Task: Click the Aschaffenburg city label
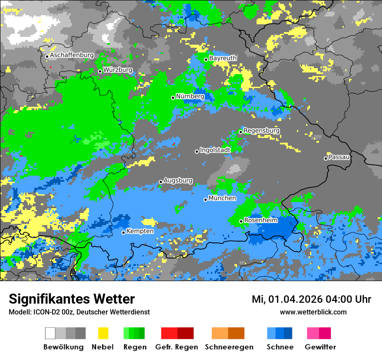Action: (72, 56)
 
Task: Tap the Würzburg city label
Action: (118, 70)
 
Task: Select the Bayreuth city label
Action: (223, 58)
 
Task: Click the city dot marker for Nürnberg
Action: (173, 98)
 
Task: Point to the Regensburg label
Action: (261, 131)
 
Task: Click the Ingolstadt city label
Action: (215, 150)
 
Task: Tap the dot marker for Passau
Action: (326, 158)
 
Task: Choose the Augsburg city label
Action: (178, 180)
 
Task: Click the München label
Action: (222, 198)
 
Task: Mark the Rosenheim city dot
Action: (241, 222)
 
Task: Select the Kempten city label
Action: (140, 231)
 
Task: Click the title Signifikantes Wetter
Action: (72, 299)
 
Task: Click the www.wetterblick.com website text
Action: (313, 312)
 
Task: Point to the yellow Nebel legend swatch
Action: (103, 333)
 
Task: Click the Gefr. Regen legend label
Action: (177, 347)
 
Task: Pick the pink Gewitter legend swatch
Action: (313, 333)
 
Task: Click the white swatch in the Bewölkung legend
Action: (50, 333)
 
